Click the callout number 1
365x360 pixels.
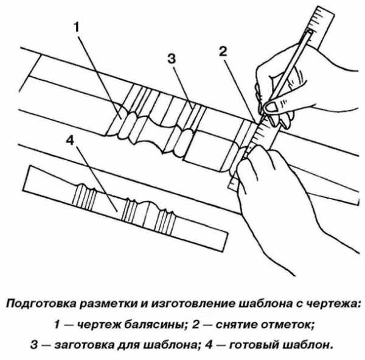coord(77,27)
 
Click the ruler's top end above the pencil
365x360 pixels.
coord(321,17)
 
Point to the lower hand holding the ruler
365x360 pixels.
coord(274,183)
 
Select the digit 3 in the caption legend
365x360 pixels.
coord(34,344)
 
